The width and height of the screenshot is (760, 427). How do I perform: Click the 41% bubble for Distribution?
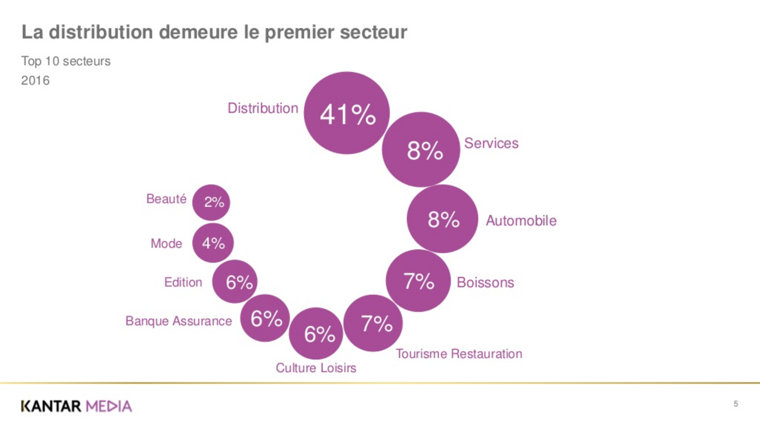pos(347,113)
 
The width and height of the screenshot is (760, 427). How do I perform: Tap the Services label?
pos(491,143)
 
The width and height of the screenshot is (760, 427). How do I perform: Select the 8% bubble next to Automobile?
pos(443,219)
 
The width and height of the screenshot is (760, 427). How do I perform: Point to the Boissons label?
pos(485,282)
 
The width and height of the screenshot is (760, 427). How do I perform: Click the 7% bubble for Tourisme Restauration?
pos(373,323)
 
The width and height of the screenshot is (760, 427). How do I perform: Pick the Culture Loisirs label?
pos(316,368)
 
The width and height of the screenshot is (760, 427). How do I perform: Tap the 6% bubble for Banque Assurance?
pos(265,318)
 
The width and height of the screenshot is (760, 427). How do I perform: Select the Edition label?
pos(183,282)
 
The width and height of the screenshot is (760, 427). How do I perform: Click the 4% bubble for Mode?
pos(213,243)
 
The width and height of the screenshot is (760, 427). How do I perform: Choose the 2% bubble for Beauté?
pos(211,202)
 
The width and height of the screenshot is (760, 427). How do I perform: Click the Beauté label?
pos(166,199)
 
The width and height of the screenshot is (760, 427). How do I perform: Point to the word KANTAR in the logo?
pos(51,406)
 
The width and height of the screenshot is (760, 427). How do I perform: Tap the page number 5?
pos(735,404)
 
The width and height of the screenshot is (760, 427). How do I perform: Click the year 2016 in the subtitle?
pos(35,80)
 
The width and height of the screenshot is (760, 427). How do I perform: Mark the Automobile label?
pos(521,221)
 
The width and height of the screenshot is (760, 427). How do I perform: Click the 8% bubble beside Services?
pos(421,150)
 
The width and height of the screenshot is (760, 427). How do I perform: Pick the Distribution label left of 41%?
pos(263,108)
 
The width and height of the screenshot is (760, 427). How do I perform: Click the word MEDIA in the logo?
pos(109,406)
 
